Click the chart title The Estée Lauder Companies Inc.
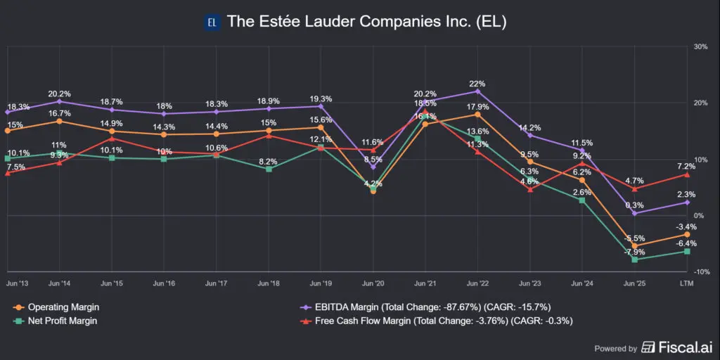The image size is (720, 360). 366,22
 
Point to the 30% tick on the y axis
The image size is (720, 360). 700,46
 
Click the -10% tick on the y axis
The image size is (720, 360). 700,272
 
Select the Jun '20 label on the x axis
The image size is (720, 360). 373,283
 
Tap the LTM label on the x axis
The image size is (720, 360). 687,283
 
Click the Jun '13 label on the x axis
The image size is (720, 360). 18,283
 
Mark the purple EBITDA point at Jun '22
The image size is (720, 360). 478,91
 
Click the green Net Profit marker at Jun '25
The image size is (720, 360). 635,259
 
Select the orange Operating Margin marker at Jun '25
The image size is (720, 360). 635,246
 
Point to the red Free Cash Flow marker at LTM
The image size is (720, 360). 687,174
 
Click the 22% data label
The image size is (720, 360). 478,83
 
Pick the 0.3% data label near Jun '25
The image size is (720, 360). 635,205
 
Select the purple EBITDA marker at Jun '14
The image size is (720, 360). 59,101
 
